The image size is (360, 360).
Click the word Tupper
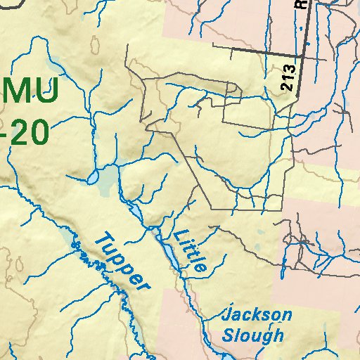click(122, 262)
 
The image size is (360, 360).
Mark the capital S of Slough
click(228, 335)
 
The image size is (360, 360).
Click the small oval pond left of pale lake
click(94, 179)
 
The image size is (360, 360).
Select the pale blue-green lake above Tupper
click(108, 182)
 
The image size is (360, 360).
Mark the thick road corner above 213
click(302, 55)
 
